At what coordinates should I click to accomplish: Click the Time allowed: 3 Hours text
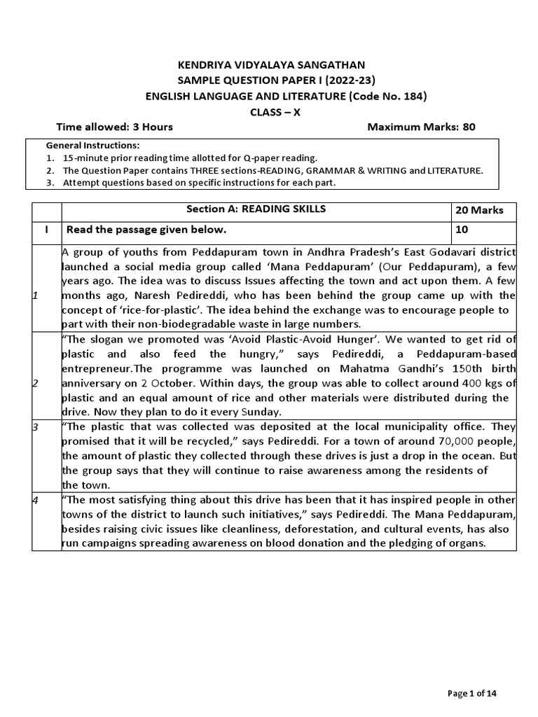pyautogui.click(x=114, y=127)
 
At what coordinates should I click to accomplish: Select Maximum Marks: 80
pyautogui.click(x=421, y=127)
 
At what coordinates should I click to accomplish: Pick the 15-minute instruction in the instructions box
pyautogui.click(x=190, y=158)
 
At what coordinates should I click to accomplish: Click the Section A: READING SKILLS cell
pyautogui.click(x=256, y=209)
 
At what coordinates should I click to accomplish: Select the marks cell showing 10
pyautogui.click(x=462, y=230)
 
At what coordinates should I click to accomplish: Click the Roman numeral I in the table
pyautogui.click(x=47, y=230)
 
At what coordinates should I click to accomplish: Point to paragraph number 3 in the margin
pyautogui.click(x=35, y=426)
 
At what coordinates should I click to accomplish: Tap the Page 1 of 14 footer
pyautogui.click(x=472, y=693)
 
